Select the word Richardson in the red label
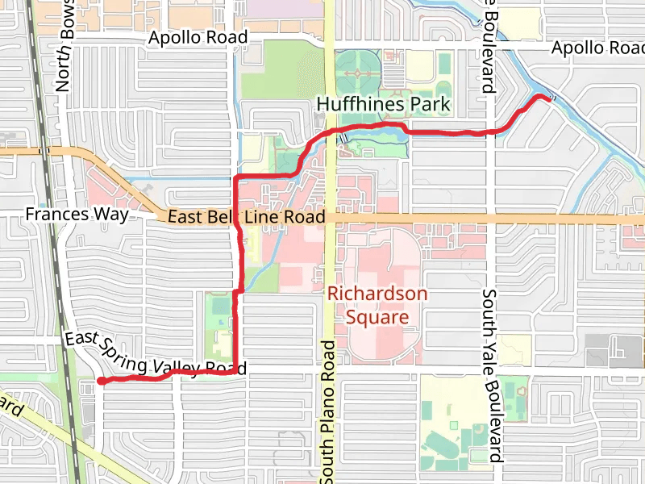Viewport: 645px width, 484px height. pos(377,294)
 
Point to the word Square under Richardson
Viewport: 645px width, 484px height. pos(377,316)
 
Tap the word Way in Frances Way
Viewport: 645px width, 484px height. pos(112,215)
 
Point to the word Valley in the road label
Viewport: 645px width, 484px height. pos(178,368)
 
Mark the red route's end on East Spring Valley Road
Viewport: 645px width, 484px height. pos(99,380)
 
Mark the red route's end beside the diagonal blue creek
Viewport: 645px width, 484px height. pos(540,96)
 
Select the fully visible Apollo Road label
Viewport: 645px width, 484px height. pos(198,38)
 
